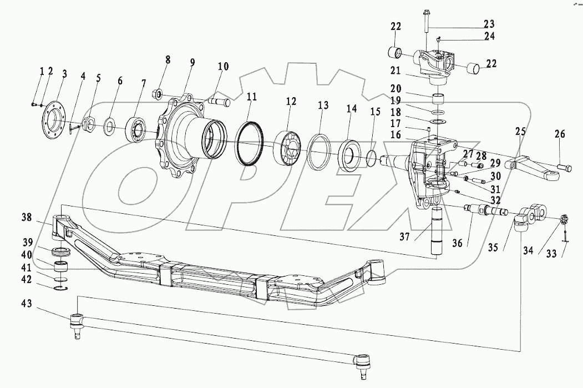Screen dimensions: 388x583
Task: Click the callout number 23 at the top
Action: click(x=489, y=24)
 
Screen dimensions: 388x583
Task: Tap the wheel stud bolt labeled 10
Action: click(x=220, y=103)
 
